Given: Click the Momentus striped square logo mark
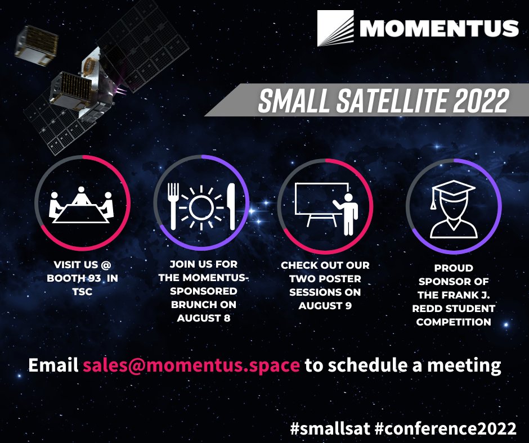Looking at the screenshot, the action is [x=335, y=28].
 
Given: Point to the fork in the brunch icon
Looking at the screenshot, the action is [x=173, y=206].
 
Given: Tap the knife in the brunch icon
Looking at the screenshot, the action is [x=231, y=206].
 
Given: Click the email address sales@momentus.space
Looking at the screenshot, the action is [x=191, y=365].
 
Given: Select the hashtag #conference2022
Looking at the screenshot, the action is [x=445, y=428].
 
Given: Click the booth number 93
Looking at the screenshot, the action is [x=95, y=278].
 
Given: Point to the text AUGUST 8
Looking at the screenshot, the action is [x=204, y=318].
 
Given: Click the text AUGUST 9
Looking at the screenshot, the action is [x=325, y=305].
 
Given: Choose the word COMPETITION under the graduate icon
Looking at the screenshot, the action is [x=454, y=322].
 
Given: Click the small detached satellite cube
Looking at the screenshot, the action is [x=36, y=45].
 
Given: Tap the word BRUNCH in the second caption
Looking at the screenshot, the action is [x=192, y=305].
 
